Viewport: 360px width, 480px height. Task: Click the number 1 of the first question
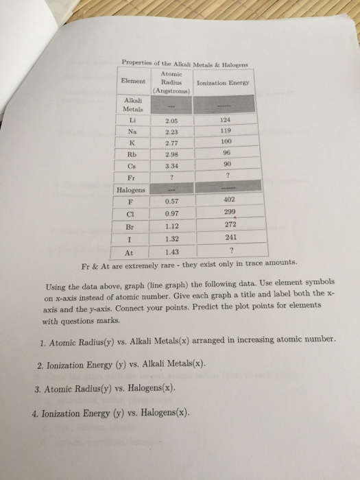tap(43, 339)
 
